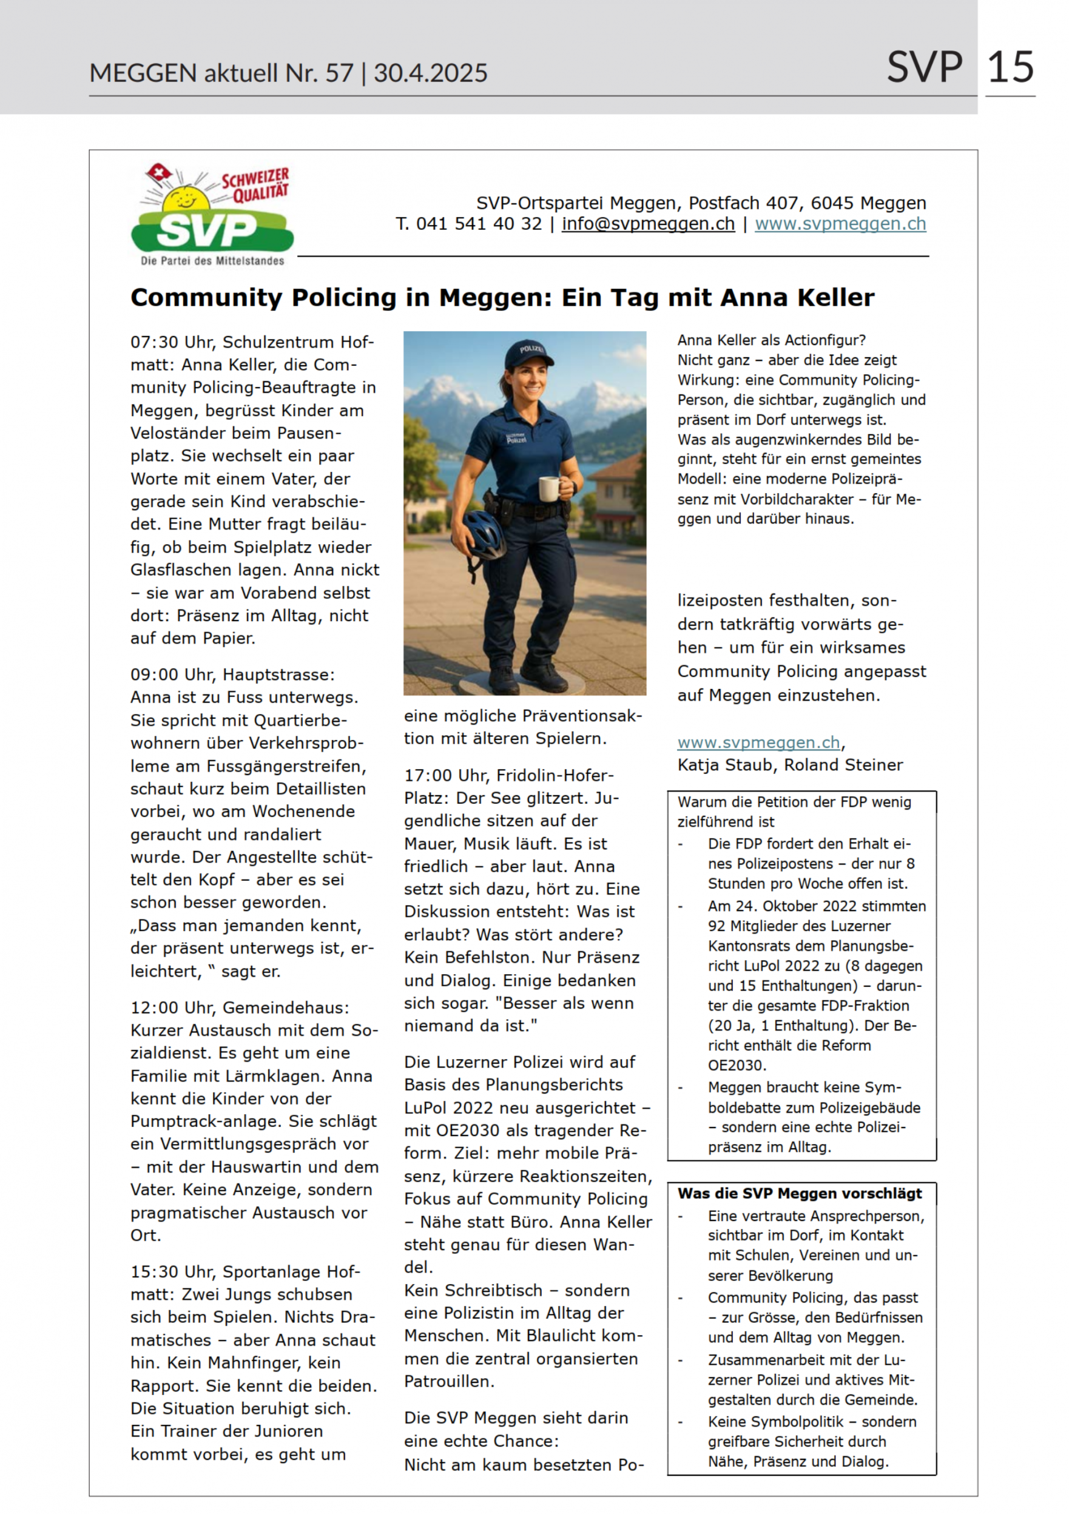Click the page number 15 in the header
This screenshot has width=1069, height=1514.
click(x=1010, y=67)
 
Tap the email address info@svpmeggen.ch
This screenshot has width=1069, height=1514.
click(x=647, y=224)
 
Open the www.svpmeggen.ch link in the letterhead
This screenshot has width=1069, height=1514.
click(x=840, y=224)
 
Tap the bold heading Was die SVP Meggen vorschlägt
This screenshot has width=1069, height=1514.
click(x=799, y=1194)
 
